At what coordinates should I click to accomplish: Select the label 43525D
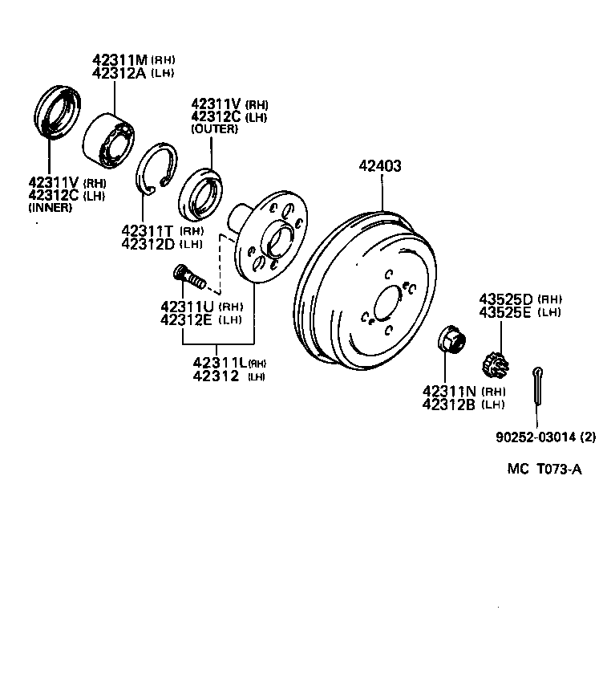(x=507, y=298)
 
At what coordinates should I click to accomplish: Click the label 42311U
(x=188, y=306)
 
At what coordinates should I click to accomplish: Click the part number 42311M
(x=119, y=60)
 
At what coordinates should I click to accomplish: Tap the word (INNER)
(x=50, y=208)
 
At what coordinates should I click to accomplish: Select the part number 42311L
(x=220, y=363)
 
